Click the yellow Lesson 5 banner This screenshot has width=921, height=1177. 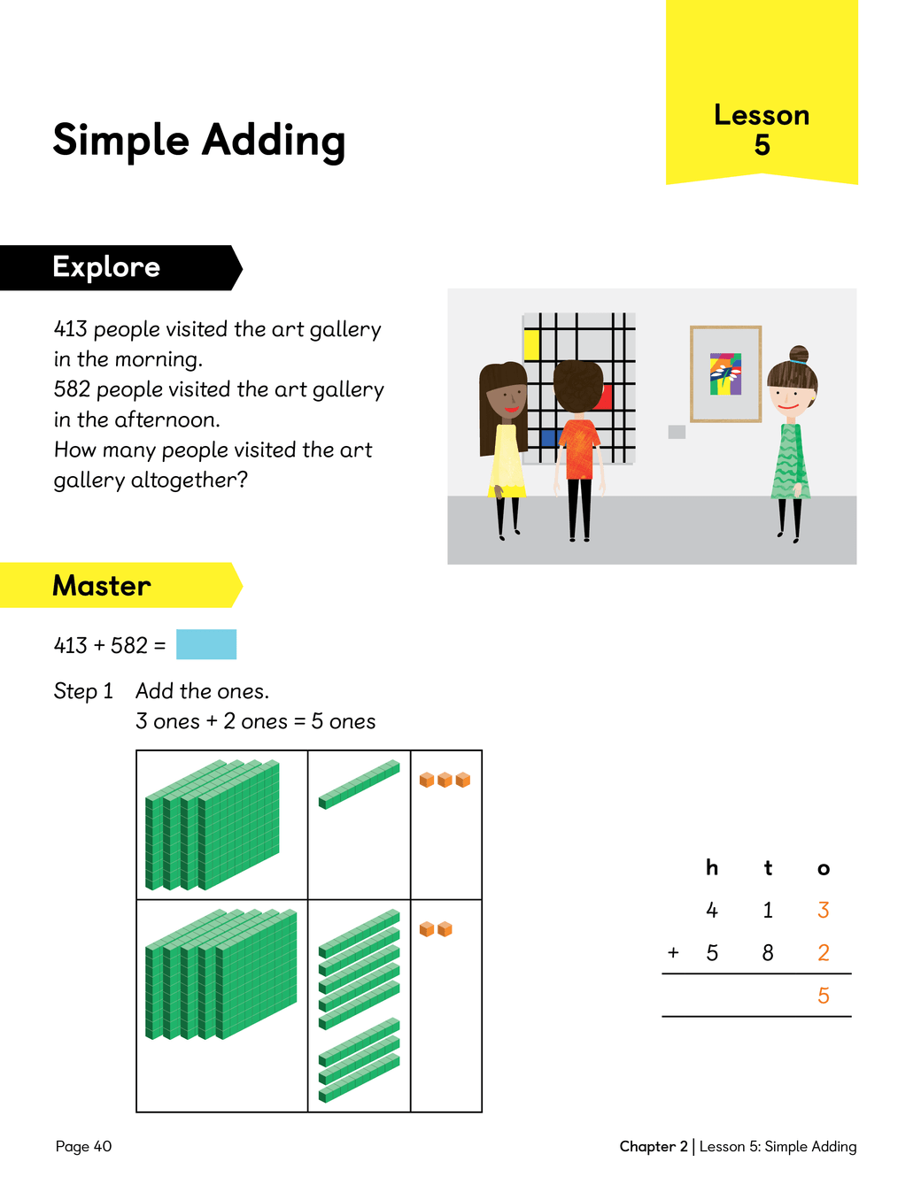click(x=762, y=92)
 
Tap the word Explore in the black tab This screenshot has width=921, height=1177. click(x=106, y=267)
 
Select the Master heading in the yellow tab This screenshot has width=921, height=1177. click(x=102, y=586)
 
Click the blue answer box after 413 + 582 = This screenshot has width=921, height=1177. click(x=206, y=644)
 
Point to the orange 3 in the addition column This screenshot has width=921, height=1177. click(x=823, y=911)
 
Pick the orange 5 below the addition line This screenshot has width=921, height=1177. click(x=823, y=996)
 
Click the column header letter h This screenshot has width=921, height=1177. click(x=712, y=867)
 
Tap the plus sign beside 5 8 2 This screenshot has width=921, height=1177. click(x=673, y=952)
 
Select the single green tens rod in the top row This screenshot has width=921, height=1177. click(x=360, y=784)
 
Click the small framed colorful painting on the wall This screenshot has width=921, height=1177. click(x=726, y=373)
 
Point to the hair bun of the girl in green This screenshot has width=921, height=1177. click(x=799, y=354)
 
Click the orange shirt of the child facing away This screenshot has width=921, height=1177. click(x=579, y=449)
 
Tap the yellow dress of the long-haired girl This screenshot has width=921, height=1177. click(x=507, y=461)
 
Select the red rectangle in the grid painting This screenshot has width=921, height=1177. click(x=605, y=397)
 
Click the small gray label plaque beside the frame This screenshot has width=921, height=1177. click(x=677, y=432)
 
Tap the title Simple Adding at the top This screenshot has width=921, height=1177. click(x=199, y=141)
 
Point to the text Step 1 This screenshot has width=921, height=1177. click(x=83, y=691)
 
